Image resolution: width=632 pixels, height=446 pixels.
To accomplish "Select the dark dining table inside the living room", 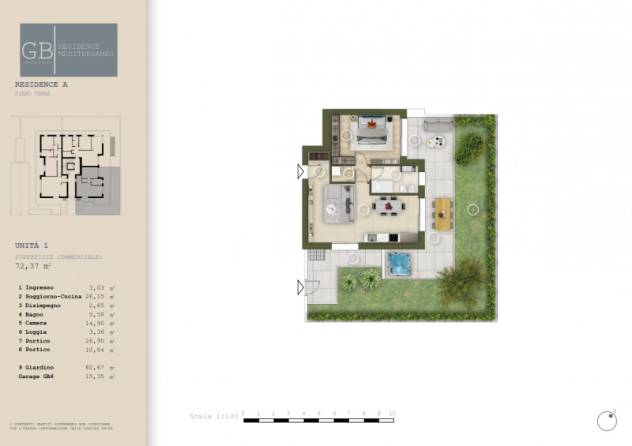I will [388, 208].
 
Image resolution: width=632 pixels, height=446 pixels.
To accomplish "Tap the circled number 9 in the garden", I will [472, 209].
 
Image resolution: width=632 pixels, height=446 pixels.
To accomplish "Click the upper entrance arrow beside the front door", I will [300, 171].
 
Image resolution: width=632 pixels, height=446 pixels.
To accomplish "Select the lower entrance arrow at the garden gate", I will [300, 287].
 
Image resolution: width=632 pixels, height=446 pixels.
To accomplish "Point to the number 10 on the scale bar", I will [392, 413].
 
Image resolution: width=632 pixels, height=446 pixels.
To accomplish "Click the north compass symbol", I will [607, 422].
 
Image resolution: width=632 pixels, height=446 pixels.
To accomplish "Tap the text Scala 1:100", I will [213, 416].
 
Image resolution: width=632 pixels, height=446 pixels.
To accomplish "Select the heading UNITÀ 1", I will [32, 245].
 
